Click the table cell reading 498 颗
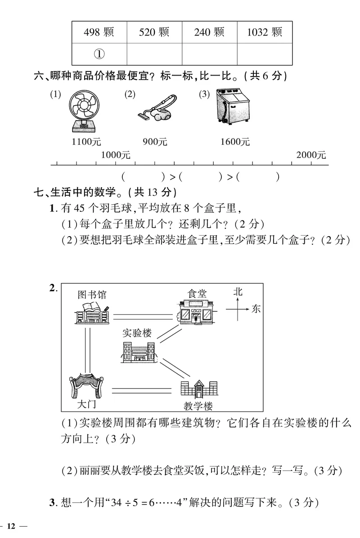pyautogui.click(x=99, y=32)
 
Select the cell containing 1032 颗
pyautogui.click(x=265, y=32)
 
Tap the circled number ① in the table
pyautogui.click(x=99, y=54)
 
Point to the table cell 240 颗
pyautogui.click(x=209, y=32)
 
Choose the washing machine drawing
pyautogui.click(x=233, y=107)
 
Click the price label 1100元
pyautogui.click(x=86, y=142)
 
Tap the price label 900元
pyautogui.click(x=155, y=142)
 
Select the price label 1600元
pyautogui.click(x=235, y=142)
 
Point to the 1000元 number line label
pyautogui.click(x=115, y=155)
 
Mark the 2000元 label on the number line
pyautogui.click(x=311, y=155)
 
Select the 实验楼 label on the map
pyautogui.click(x=137, y=333)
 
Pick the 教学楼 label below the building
pyautogui.click(x=198, y=406)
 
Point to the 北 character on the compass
pyautogui.click(x=238, y=292)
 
